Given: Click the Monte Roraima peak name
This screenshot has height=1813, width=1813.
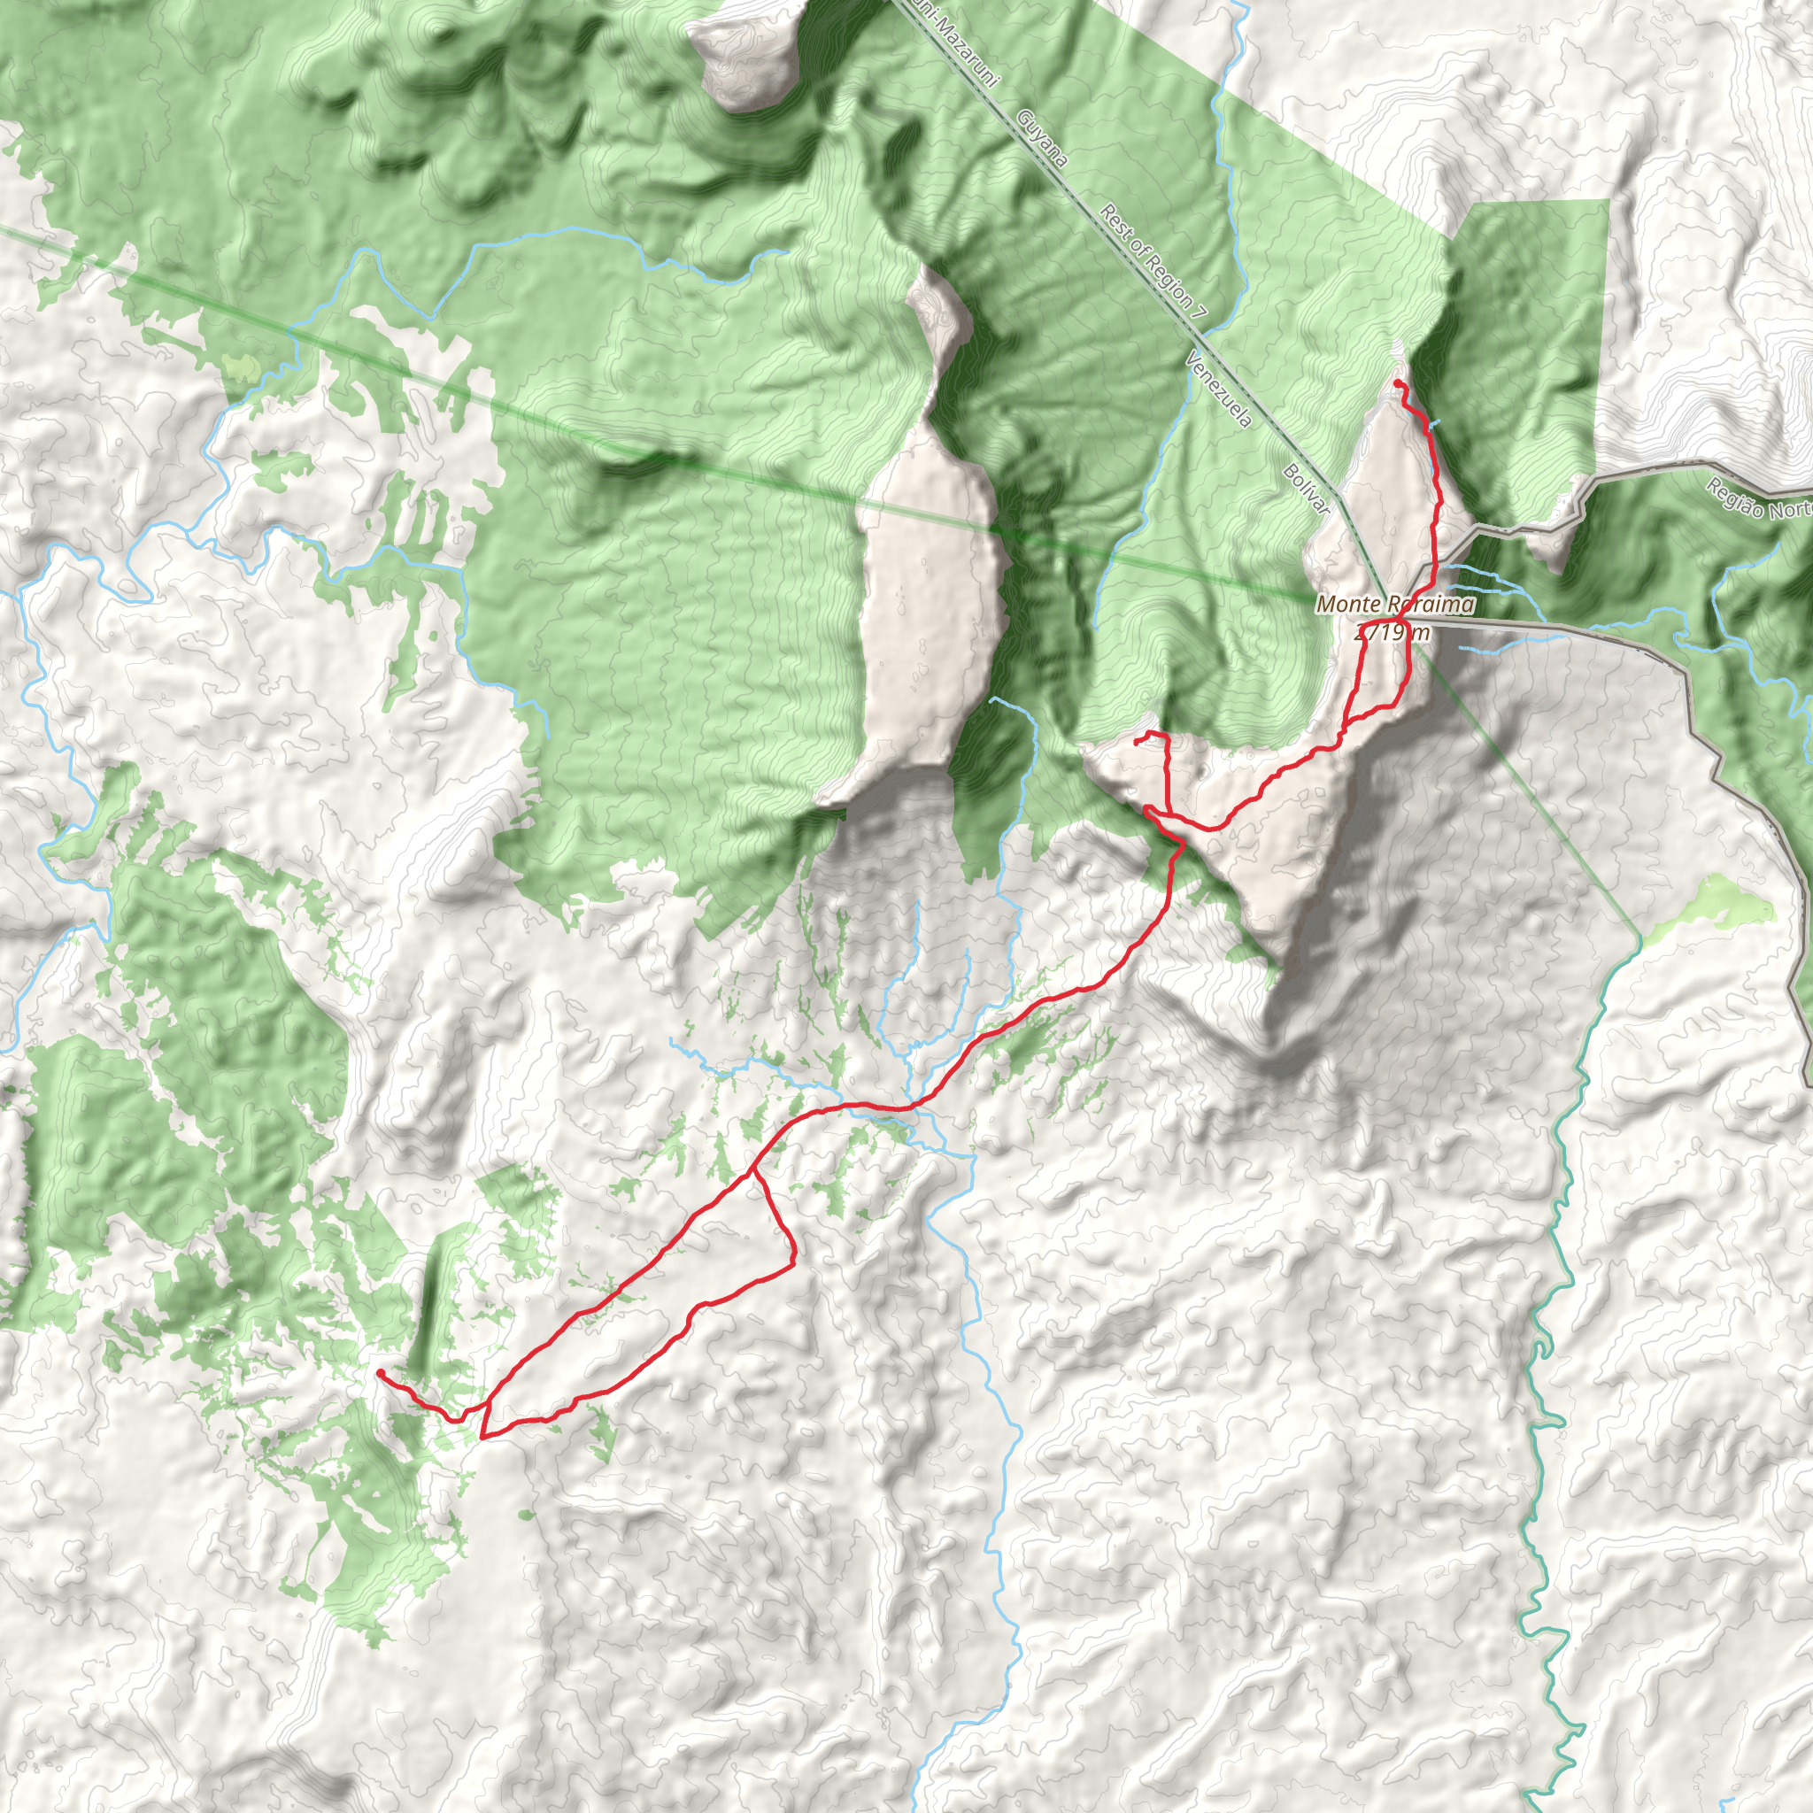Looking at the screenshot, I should point(1394,606).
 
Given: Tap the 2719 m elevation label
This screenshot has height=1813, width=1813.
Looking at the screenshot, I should point(1393,632).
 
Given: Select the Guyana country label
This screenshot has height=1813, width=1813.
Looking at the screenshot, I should point(1043,138).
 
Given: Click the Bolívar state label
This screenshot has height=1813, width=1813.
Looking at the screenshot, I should point(1307,488).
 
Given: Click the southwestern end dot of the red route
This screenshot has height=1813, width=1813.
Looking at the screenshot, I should point(380,1373).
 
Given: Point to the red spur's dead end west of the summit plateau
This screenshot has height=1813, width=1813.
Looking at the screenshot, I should point(1137,742).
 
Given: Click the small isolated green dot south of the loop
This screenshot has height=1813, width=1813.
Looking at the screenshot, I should point(524,1514).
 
